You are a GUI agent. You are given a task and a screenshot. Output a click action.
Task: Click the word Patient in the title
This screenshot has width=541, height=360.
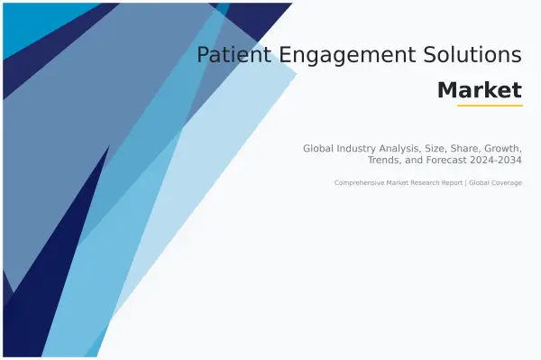pos(226,55)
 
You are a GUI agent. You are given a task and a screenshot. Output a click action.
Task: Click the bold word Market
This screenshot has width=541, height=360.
pos(479,90)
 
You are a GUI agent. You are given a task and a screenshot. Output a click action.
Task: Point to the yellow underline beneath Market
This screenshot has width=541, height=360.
pos(490,106)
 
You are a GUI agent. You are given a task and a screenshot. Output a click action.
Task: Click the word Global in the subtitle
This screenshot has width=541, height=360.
pos(318,147)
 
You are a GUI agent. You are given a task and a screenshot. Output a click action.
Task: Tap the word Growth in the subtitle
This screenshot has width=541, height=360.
pos(502,147)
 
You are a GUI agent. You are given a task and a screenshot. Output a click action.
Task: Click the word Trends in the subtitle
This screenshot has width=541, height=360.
pos(385,160)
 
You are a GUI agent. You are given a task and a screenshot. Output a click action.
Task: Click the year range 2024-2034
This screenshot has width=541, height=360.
pos(496,160)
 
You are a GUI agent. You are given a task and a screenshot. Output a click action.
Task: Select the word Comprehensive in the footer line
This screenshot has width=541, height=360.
pos(358,183)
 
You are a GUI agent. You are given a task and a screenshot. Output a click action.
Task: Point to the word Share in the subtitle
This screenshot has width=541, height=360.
pos(463,147)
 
